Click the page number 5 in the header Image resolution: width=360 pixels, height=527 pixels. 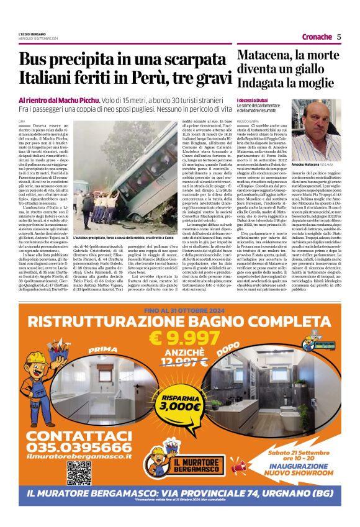click(x=339, y=37)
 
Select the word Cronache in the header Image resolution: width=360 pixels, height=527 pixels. click(x=316, y=37)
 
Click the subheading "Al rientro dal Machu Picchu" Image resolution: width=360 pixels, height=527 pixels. click(x=50, y=100)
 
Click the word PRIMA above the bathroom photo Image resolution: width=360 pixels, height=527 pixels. click(x=102, y=350)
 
